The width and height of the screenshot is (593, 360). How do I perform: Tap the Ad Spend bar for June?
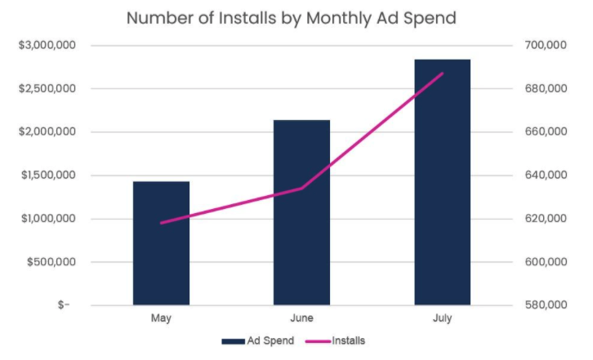301,212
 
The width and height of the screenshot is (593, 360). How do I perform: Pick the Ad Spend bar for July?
442,183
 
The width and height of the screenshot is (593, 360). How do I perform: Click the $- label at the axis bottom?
63,305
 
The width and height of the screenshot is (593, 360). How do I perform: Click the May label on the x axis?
161,318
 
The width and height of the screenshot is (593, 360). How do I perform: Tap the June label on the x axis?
301,318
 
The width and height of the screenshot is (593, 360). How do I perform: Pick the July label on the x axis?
442,318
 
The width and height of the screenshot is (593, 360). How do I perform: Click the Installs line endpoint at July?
442,73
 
